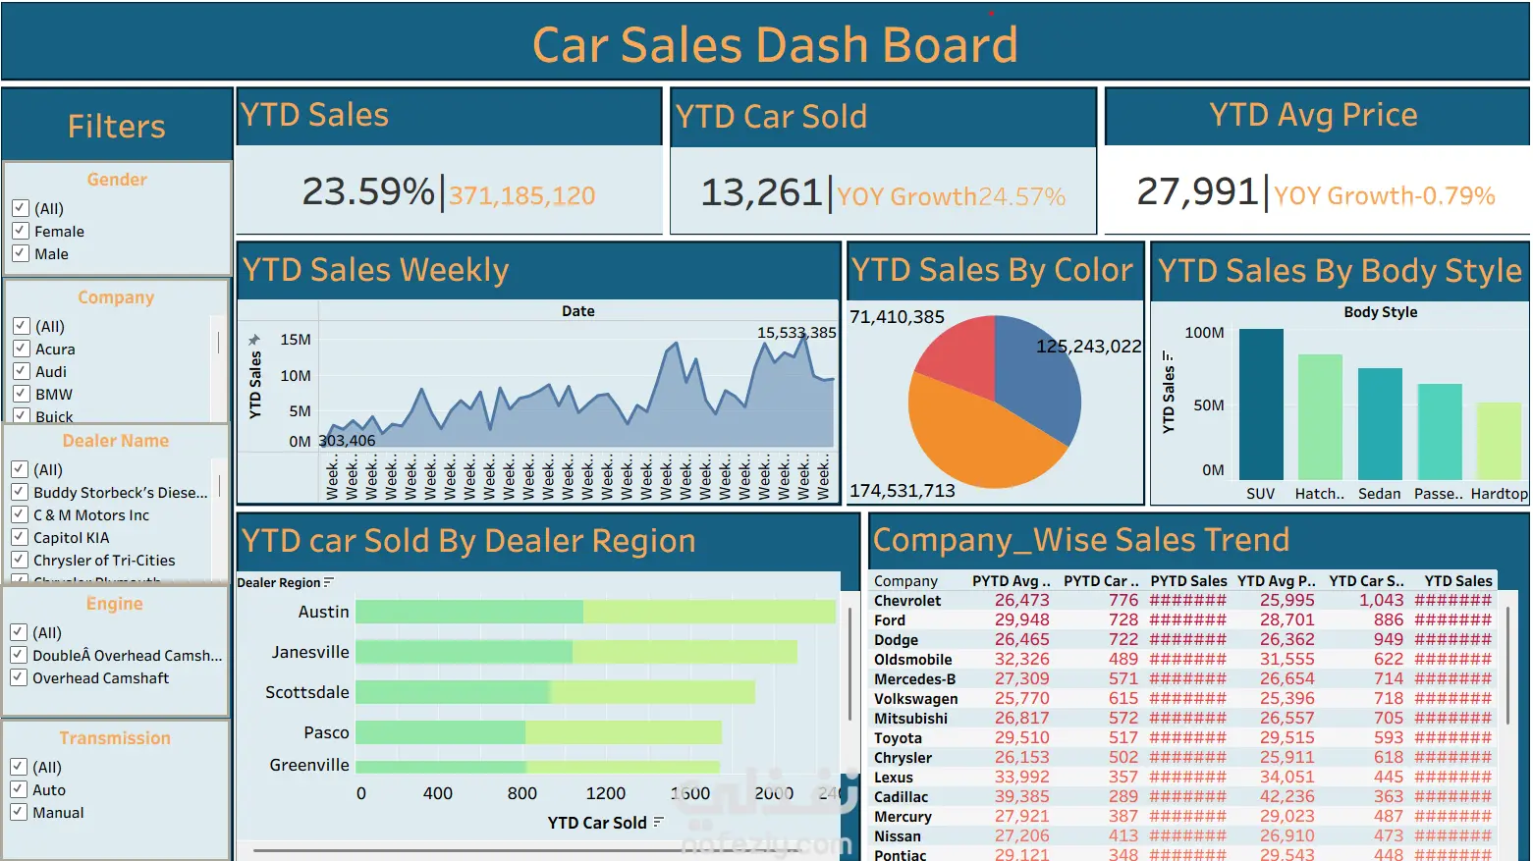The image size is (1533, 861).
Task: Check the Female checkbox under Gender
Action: pos(20,231)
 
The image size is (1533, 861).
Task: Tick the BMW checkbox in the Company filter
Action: pos(21,394)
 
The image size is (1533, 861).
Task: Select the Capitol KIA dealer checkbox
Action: pos(19,537)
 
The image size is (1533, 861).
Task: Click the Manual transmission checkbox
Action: pos(18,812)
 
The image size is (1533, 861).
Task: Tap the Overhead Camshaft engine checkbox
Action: pos(18,677)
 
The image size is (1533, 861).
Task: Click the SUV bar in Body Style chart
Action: pos(1261,404)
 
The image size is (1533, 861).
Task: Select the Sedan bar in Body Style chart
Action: pos(1380,423)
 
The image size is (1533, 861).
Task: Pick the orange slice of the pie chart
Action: pos(972,442)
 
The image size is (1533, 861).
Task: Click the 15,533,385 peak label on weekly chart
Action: pos(796,333)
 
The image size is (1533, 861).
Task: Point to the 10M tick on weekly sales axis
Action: pos(296,375)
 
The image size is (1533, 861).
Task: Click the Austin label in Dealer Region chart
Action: pos(323,612)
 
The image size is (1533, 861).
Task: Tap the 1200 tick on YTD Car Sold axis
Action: pos(605,793)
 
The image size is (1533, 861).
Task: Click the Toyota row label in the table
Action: pos(898,738)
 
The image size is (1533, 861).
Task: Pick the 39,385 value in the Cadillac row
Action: pos(1021,796)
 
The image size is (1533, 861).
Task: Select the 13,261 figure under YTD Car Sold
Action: pos(761,192)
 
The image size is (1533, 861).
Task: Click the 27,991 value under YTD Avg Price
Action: pos(1197,191)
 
